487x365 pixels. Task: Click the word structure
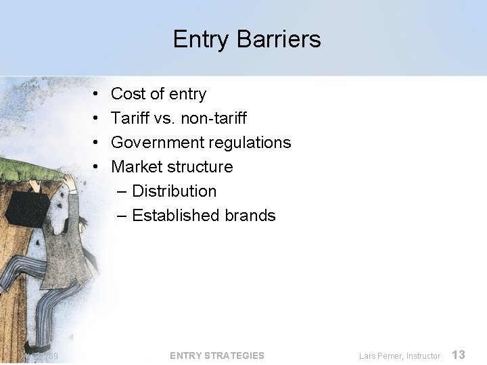point(201,167)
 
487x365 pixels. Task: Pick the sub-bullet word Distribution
point(174,191)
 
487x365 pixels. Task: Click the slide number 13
point(458,354)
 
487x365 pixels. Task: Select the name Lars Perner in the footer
point(380,356)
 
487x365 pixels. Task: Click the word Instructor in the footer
point(423,356)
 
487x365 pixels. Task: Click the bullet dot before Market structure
point(97,167)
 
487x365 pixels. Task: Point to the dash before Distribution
point(122,191)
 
